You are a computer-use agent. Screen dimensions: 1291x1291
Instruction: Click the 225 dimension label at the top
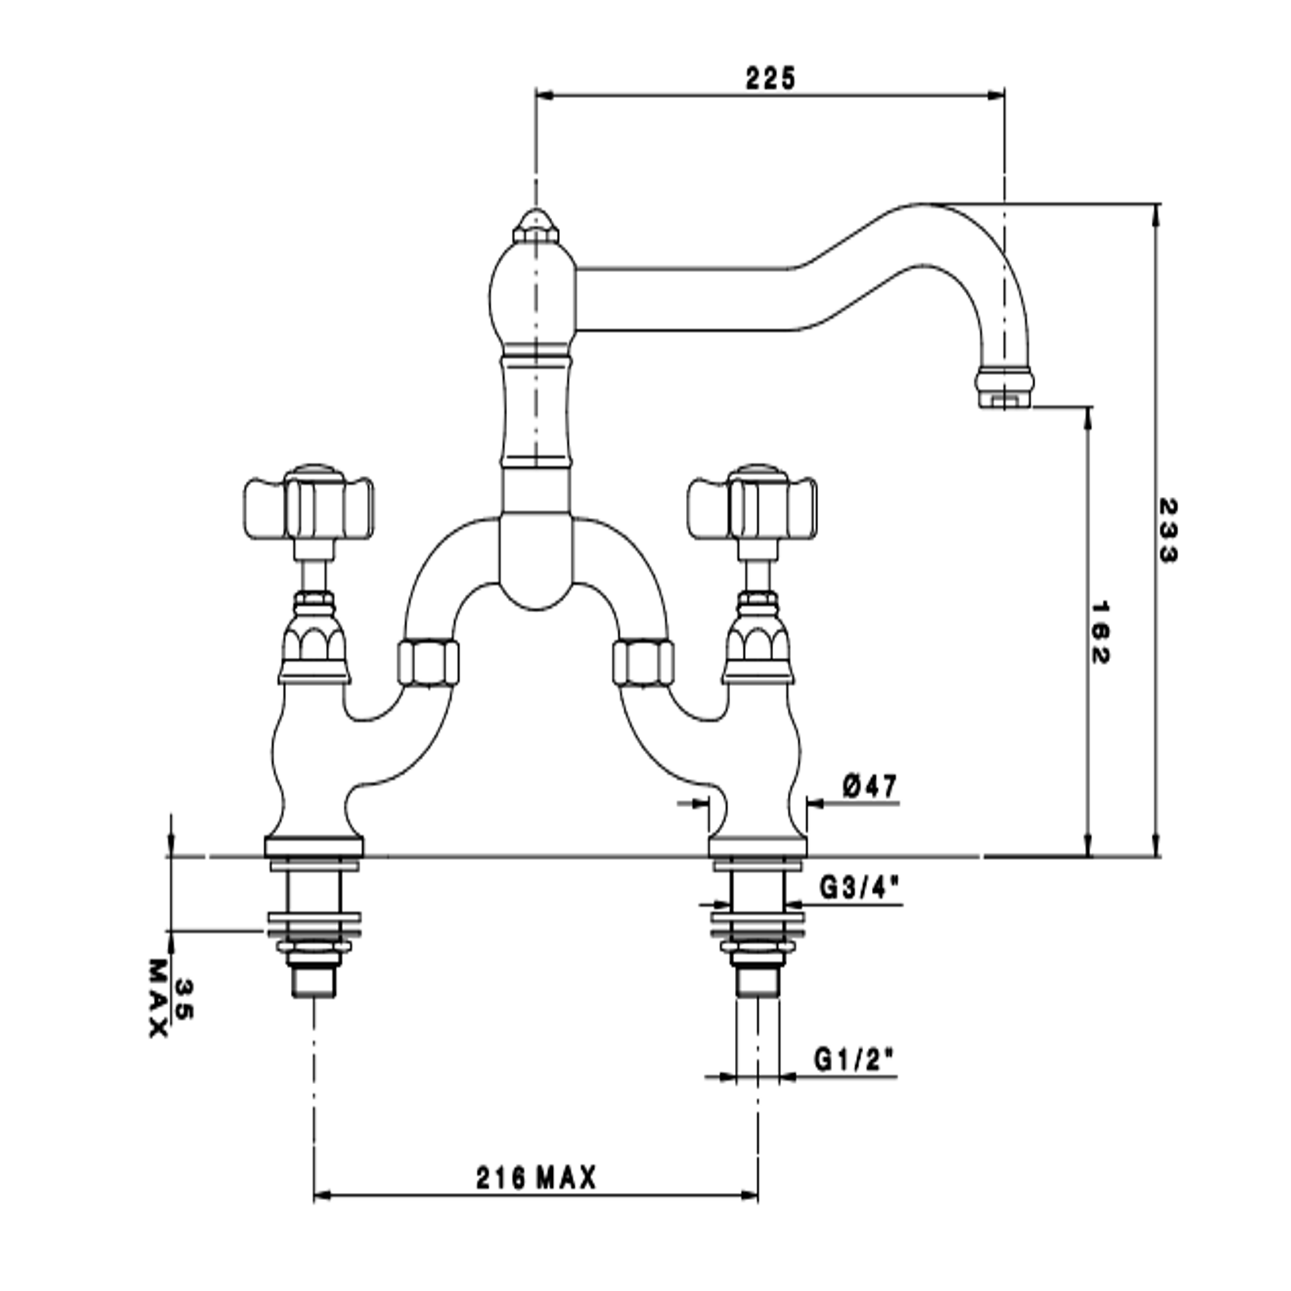point(771,78)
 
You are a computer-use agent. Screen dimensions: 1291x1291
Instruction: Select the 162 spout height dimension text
point(1100,632)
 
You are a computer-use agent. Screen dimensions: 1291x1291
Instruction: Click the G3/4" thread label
point(860,887)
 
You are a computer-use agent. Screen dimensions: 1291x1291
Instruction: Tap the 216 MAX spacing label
point(536,1177)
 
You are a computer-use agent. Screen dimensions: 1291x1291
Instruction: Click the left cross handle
point(309,508)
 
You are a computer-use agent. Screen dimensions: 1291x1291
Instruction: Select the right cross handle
point(752,508)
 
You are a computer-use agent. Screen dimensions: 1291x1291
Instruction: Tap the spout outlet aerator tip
point(1004,390)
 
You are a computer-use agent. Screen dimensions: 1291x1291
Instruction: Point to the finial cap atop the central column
point(535,226)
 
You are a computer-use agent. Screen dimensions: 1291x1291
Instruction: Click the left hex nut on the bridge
point(428,663)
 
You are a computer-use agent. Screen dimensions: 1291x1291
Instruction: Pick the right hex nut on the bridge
point(642,663)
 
